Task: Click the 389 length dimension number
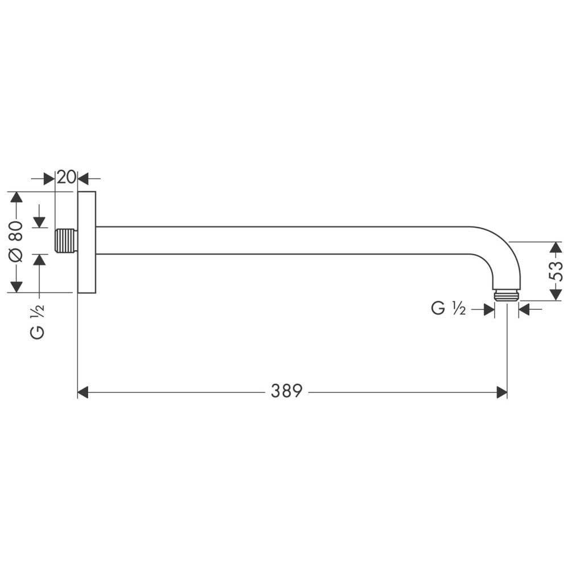287,391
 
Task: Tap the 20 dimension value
66,177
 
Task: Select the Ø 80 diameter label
16,241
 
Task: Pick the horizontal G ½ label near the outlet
449,309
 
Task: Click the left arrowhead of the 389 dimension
83,392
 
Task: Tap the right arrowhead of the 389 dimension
501,392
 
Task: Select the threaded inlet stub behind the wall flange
66,241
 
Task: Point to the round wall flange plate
86,242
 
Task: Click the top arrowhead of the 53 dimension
556,248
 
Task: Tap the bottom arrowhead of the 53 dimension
556,294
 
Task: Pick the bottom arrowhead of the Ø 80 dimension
16,286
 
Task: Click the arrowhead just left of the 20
49,179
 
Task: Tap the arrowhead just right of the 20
83,179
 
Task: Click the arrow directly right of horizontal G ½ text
488,309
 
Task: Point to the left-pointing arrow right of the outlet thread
524,309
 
